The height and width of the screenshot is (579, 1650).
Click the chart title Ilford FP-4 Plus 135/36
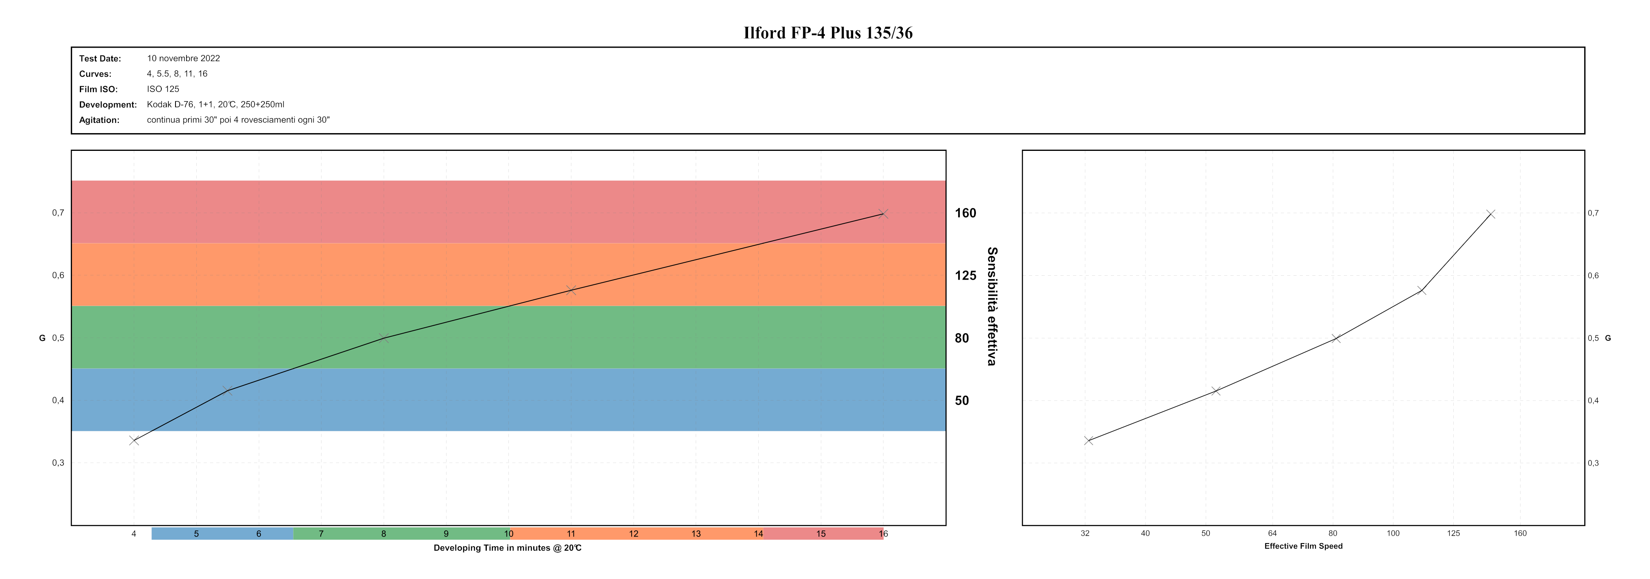pos(828,33)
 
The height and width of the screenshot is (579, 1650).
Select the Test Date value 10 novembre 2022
pos(183,58)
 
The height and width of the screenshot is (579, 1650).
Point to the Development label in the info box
pos(107,104)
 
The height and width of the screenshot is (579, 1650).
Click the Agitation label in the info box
pos(99,120)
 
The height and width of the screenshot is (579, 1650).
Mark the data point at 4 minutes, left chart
pos(134,440)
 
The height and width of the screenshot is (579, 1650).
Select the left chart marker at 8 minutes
pos(384,338)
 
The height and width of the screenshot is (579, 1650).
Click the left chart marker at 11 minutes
pos(571,290)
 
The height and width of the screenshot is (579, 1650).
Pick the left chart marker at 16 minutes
pos(883,213)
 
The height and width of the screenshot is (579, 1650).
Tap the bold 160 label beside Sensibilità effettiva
pos(965,213)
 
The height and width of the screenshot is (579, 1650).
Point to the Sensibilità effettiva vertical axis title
pos(992,306)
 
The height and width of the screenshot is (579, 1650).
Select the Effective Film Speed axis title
pos(1303,546)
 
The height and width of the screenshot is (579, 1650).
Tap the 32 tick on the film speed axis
pos(1085,533)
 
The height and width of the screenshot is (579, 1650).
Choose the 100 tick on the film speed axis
pos(1393,533)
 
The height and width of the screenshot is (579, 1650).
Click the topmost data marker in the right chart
pos(1491,214)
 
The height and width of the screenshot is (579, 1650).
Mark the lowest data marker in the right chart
pos(1088,440)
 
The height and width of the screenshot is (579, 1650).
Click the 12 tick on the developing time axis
pos(634,533)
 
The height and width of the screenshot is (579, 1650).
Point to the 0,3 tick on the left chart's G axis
pos(58,463)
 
